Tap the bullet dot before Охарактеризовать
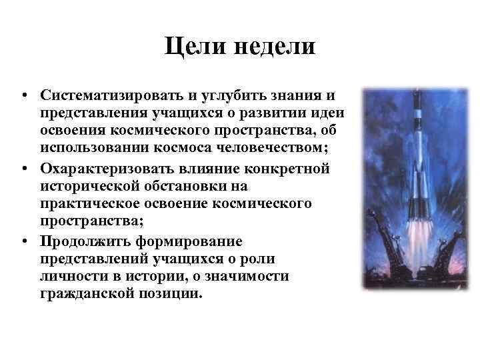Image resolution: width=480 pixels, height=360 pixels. click(x=23, y=168)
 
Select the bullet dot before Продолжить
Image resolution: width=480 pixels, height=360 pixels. click(x=23, y=241)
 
